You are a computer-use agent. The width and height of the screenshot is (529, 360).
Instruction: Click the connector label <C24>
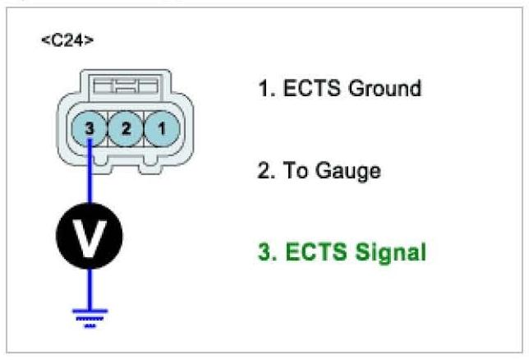[x=67, y=40]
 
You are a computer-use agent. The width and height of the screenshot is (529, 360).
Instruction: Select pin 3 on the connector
[x=89, y=128]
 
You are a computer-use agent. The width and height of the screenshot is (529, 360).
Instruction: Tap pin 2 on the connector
[x=125, y=128]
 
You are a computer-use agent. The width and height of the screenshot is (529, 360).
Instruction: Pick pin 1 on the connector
[x=162, y=128]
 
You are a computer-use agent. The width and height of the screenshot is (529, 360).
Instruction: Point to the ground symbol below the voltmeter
[x=90, y=317]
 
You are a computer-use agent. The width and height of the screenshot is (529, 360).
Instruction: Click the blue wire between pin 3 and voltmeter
[x=90, y=177]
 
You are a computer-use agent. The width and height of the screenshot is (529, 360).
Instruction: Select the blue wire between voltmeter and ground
[x=90, y=288]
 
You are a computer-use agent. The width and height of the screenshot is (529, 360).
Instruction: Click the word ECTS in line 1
[x=306, y=88]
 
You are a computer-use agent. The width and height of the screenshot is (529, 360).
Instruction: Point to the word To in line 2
[x=291, y=171]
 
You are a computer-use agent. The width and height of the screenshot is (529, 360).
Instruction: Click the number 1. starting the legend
[x=264, y=88]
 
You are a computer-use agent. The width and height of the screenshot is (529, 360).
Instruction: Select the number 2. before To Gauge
[x=266, y=171]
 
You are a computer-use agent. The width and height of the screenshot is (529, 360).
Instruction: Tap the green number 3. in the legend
[x=266, y=252]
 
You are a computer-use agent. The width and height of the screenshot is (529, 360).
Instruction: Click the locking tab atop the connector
[x=126, y=86]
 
